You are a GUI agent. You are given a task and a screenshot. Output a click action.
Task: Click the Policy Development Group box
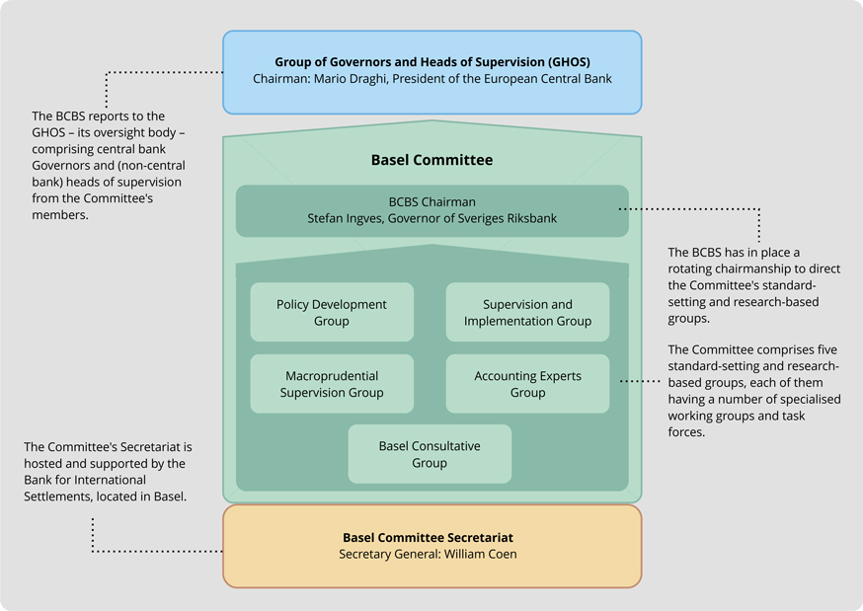click(332, 313)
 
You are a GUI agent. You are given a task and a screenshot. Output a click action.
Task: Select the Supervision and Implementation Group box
click(527, 313)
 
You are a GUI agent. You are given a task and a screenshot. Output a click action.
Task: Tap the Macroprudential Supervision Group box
click(332, 384)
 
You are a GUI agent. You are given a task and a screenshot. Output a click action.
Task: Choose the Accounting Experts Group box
click(527, 384)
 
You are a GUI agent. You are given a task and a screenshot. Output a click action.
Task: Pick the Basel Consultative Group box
click(430, 454)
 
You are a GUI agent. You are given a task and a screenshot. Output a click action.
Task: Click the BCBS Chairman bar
click(431, 210)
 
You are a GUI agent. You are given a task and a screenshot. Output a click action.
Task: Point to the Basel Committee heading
click(431, 160)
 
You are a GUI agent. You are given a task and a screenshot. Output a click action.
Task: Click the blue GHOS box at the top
click(431, 71)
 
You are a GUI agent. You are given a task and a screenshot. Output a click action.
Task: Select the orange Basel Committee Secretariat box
click(431, 546)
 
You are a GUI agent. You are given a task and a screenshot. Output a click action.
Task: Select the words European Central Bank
click(556, 79)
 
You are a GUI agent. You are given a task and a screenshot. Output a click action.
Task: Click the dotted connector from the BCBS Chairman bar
click(691, 208)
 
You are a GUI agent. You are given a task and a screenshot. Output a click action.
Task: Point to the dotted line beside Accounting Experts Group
click(643, 380)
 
